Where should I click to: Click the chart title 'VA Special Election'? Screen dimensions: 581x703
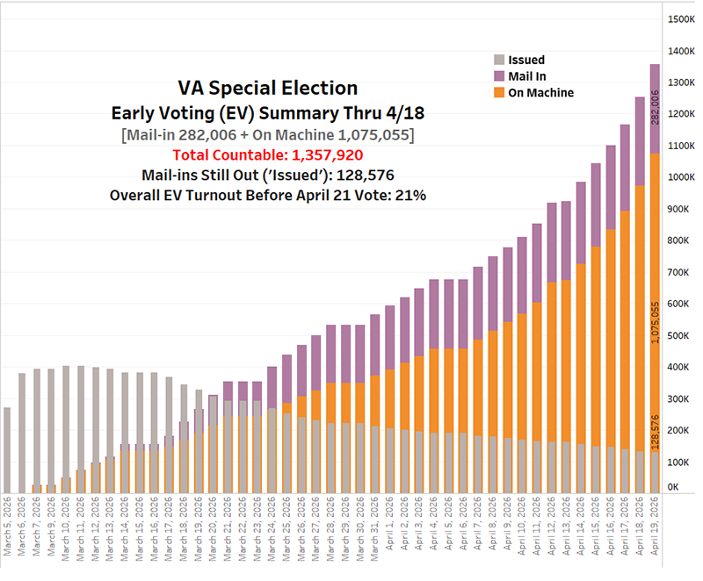pos(267,89)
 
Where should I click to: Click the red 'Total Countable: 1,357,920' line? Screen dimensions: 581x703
pos(267,154)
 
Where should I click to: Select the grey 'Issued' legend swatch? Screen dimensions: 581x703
pos(499,60)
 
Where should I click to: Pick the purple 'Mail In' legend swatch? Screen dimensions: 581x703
pos(499,76)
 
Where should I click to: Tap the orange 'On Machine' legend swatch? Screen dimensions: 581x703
pos(499,92)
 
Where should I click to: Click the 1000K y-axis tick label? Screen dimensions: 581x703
pos(682,177)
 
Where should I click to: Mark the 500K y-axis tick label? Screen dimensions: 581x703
pos(679,336)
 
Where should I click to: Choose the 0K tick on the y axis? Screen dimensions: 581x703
pos(674,487)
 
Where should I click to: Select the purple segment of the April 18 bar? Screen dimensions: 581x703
pos(640,140)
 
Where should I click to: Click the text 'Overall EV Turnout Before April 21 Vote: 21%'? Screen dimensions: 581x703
pos(267,196)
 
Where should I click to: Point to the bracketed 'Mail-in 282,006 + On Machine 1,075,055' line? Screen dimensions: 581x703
pos(267,133)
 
